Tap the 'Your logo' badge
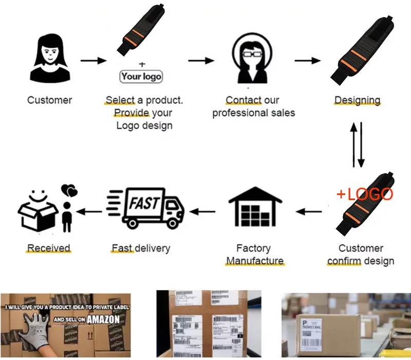(x=141, y=77)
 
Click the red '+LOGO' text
(x=364, y=194)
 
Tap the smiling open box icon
(x=39, y=209)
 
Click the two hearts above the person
(x=69, y=191)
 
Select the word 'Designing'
(x=357, y=100)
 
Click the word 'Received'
(x=48, y=248)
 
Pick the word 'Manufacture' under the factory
(x=255, y=261)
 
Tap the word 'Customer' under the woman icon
(x=50, y=100)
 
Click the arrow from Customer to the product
(x=93, y=61)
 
